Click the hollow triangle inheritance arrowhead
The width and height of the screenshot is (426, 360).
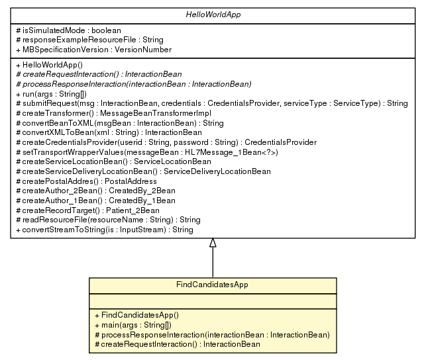click(x=213, y=243)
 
